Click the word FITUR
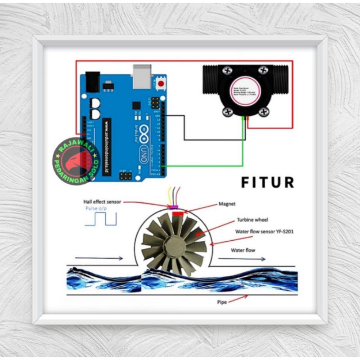[267, 183]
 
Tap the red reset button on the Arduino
[160, 83]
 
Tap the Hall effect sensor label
[102, 202]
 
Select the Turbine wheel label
[252, 220]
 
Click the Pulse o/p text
[95, 209]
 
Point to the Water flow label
[243, 250]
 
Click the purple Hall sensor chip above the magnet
[174, 207]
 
